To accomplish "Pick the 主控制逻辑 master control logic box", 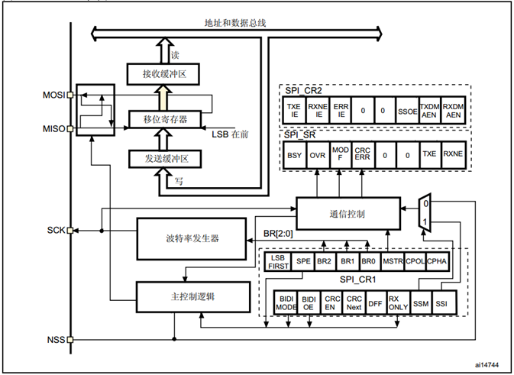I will tap(192, 294).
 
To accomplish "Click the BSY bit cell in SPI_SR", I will tap(294, 154).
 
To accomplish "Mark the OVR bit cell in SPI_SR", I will tap(317, 154).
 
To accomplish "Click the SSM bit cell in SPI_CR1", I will tap(421, 303).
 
